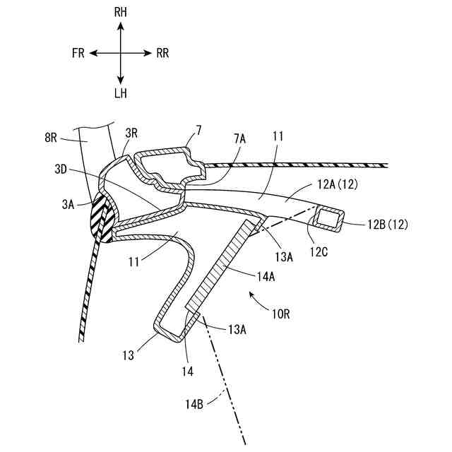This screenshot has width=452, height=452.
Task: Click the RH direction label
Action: point(121,13)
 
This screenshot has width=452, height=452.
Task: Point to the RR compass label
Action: point(162,53)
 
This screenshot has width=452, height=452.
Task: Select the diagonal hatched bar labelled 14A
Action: point(219,268)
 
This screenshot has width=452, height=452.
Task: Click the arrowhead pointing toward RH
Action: point(121,25)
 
